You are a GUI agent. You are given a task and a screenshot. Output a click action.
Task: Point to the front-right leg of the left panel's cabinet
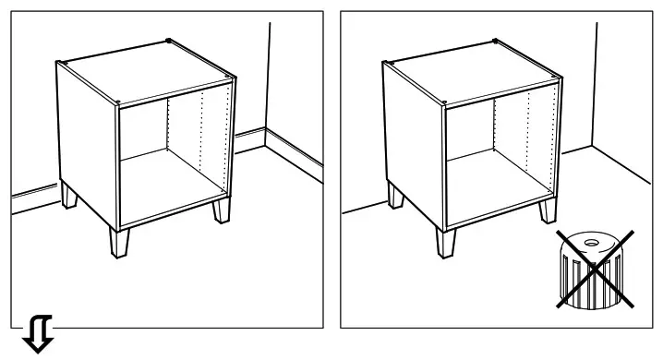222,211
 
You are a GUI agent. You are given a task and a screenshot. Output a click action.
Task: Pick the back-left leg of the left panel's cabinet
70,198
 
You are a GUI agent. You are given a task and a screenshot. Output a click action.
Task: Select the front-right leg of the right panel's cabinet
548,211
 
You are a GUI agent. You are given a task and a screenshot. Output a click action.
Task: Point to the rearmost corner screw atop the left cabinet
167,40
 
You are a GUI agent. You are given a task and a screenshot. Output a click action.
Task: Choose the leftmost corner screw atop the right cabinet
386,63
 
